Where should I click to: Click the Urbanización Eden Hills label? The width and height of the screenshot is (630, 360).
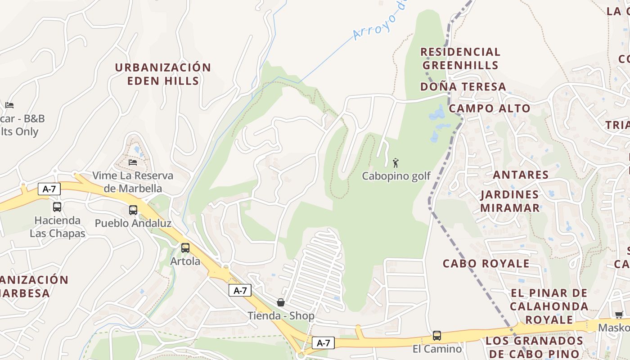pyautogui.click(x=162, y=74)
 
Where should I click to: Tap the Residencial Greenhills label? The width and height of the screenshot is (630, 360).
pyautogui.click(x=460, y=58)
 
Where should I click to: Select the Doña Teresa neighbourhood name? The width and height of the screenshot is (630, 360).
pyautogui.click(x=463, y=86)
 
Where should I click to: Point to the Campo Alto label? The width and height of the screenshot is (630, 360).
pyautogui.click(x=490, y=108)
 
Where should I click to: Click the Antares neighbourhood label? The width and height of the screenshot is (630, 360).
pyautogui.click(x=521, y=175)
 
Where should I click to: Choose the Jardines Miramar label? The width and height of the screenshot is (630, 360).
pyautogui.click(x=509, y=201)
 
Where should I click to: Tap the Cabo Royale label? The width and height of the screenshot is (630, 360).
pyautogui.click(x=486, y=263)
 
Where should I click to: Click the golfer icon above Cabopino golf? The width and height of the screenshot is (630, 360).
pyautogui.click(x=396, y=163)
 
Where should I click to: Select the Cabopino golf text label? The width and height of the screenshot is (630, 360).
pyautogui.click(x=396, y=176)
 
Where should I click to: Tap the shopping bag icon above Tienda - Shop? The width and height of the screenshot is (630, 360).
pyautogui.click(x=281, y=302)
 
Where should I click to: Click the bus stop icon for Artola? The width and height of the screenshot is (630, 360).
pyautogui.click(x=185, y=248)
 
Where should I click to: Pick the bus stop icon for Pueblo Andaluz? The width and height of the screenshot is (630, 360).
pyautogui.click(x=133, y=210)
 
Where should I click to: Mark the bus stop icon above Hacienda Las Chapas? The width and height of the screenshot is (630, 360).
pyautogui.click(x=57, y=207)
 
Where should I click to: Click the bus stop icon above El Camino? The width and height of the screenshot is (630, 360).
pyautogui.click(x=436, y=336)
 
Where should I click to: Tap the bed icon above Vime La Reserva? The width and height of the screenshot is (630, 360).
pyautogui.click(x=133, y=162)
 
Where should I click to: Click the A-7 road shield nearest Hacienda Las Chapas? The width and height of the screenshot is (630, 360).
pyautogui.click(x=49, y=189)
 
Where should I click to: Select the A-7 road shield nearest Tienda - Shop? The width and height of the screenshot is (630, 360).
pyautogui.click(x=240, y=290)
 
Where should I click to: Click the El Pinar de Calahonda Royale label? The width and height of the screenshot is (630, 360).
pyautogui.click(x=549, y=306)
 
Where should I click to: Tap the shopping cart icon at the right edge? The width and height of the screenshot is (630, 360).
pyautogui.click(x=619, y=315)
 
